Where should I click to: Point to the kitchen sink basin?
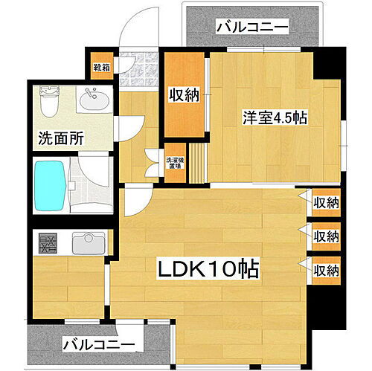pyautogui.click(x=88, y=242)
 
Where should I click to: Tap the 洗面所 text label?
pyautogui.click(x=56, y=138)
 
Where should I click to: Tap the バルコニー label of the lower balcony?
pyautogui.click(x=99, y=345)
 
